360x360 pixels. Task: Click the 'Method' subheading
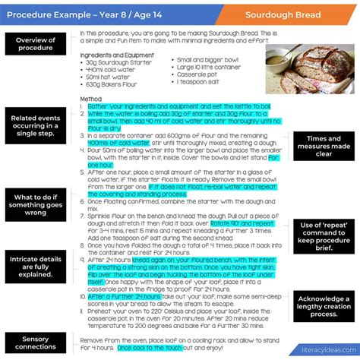tap(90, 99)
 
